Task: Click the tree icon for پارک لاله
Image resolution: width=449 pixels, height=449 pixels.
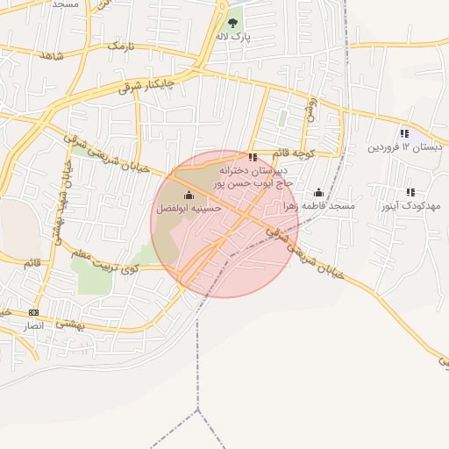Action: point(233,24)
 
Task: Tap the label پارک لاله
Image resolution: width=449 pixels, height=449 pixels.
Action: point(234,38)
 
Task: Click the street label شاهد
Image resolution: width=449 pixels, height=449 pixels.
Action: point(52,55)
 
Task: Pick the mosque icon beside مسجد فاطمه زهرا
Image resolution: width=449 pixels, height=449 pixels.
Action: point(317,193)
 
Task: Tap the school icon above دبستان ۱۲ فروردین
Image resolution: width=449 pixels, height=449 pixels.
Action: point(404,133)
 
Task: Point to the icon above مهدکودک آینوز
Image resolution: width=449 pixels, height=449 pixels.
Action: point(410,192)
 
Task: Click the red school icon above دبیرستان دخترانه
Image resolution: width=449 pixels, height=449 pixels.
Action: point(253,158)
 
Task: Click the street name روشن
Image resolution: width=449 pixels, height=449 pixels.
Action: point(310,109)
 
